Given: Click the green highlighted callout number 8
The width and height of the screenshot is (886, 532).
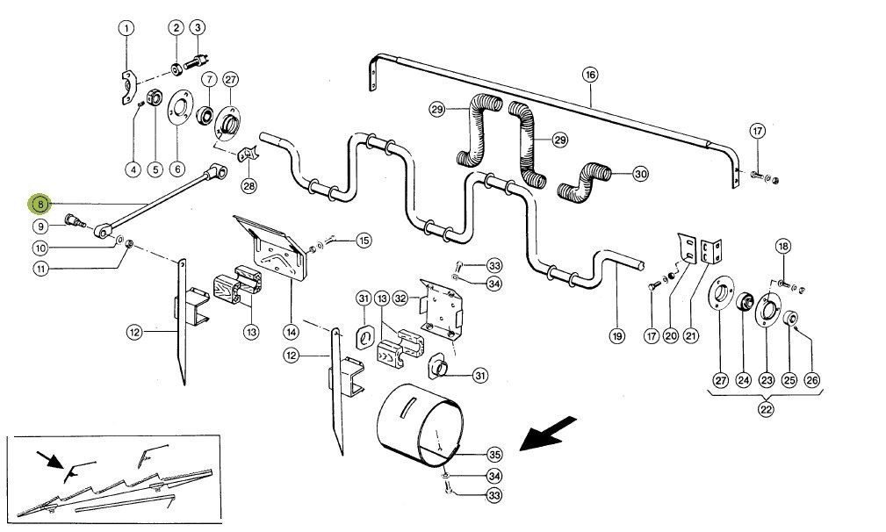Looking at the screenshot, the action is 40,204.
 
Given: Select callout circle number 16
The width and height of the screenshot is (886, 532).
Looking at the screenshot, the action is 590,75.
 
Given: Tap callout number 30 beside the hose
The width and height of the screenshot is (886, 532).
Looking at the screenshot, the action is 639,174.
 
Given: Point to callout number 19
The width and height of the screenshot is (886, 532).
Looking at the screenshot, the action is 617,336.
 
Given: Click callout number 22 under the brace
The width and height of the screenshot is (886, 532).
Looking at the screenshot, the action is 766,409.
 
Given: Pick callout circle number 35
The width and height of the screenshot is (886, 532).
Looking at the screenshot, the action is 494,454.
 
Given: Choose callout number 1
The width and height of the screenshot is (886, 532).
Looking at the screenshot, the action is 126,28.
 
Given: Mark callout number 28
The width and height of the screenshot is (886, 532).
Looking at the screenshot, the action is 249,184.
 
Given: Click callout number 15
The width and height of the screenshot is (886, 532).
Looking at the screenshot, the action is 364,241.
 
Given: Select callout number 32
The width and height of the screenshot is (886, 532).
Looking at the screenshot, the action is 400,298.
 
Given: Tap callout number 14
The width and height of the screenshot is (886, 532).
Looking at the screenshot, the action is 291,333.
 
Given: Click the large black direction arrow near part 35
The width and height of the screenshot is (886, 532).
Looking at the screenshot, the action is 548,434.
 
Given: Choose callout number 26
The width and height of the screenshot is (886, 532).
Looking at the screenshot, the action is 811,380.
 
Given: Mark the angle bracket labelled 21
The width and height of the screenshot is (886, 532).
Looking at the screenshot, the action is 711,251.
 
